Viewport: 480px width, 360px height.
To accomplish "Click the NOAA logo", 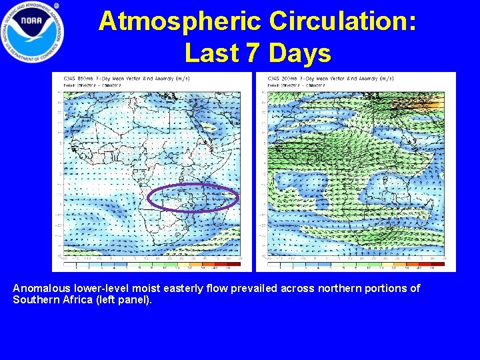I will [33, 31].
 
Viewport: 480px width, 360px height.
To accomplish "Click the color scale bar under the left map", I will [152, 265].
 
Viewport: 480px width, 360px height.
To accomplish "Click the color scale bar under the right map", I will [355, 265].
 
